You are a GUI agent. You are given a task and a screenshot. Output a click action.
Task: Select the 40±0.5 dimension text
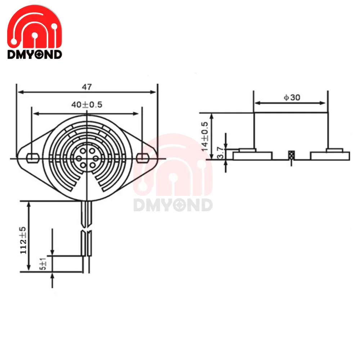pos(87,105)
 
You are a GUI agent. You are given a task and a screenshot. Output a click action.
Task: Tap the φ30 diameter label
pos(292,97)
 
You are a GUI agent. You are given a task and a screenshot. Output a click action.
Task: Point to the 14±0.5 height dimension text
pos(205,136)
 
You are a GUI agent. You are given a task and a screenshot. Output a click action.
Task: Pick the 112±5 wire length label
pos(23,240)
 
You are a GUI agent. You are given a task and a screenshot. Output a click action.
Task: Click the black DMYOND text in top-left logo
pos(35,54)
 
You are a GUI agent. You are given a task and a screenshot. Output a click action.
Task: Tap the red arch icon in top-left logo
pos(35,27)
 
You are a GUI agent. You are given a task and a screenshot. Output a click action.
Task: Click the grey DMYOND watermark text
pos(173,205)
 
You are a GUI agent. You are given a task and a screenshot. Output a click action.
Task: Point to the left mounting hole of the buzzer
pos(33,157)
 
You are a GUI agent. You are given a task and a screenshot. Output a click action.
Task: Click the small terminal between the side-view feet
pos(291,156)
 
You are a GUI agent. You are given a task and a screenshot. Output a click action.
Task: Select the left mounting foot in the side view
pos(253,155)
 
